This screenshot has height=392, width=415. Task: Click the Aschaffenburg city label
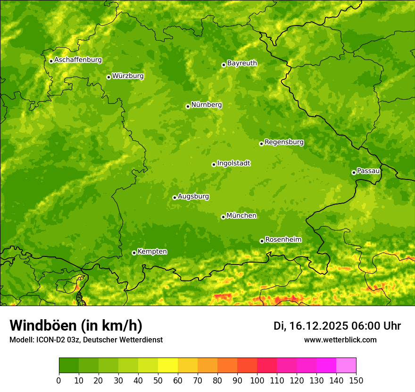[x=78, y=60]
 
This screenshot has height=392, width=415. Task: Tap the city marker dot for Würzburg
[x=108, y=77]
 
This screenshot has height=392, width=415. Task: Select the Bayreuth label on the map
[x=242, y=63]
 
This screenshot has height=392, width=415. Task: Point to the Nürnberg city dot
[x=188, y=106]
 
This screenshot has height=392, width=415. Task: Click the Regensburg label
[x=284, y=142]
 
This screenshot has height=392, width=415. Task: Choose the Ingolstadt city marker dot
[x=214, y=165]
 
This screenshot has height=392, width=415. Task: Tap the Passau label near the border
[x=368, y=171]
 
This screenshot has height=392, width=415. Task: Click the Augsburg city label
[x=193, y=196]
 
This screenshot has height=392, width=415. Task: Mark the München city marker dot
[x=223, y=217]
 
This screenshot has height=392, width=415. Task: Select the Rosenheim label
[x=283, y=240]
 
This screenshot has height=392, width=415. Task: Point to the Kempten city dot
[x=134, y=253]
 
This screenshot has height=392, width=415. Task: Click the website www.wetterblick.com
[x=340, y=340]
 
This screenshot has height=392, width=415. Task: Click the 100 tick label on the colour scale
[x=257, y=380]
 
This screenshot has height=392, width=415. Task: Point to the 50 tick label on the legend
[x=158, y=380]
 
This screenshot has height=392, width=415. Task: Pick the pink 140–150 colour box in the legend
[x=346, y=366]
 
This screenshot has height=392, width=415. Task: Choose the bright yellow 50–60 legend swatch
[x=168, y=366]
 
